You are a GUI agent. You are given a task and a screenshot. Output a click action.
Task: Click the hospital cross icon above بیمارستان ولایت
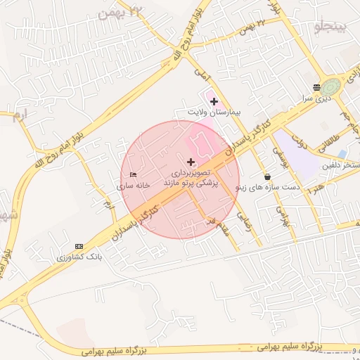(214, 102)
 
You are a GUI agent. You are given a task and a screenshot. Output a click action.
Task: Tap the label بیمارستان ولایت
(214, 112)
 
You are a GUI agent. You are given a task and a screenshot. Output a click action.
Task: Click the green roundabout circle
(331, 86)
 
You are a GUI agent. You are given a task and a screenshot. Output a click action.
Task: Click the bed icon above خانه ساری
(133, 174)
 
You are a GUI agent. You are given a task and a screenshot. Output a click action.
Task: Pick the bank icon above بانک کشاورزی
(79, 246)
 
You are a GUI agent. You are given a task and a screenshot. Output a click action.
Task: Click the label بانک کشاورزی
(79, 257)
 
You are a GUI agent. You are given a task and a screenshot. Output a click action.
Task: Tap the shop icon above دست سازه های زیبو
(267, 176)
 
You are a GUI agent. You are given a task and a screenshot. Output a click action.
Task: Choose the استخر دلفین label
(341, 165)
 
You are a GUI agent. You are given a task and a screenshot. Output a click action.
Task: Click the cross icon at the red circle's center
(191, 162)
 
